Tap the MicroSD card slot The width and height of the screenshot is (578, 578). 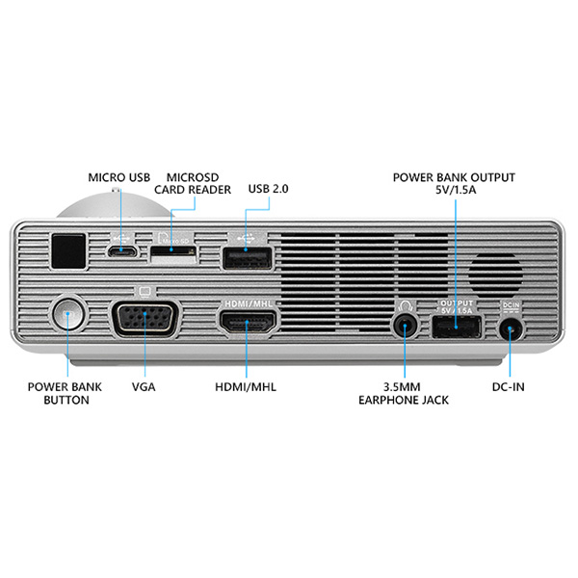coord(174,252)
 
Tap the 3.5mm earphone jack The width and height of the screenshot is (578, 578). coord(405,325)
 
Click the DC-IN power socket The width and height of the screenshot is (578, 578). coord(512,328)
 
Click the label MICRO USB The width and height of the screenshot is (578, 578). coord(118,177)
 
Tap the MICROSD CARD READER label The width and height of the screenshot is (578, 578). coord(198,183)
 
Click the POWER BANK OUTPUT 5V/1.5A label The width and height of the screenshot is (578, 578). coord(454,184)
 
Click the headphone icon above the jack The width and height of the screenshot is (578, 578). coord(405,304)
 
